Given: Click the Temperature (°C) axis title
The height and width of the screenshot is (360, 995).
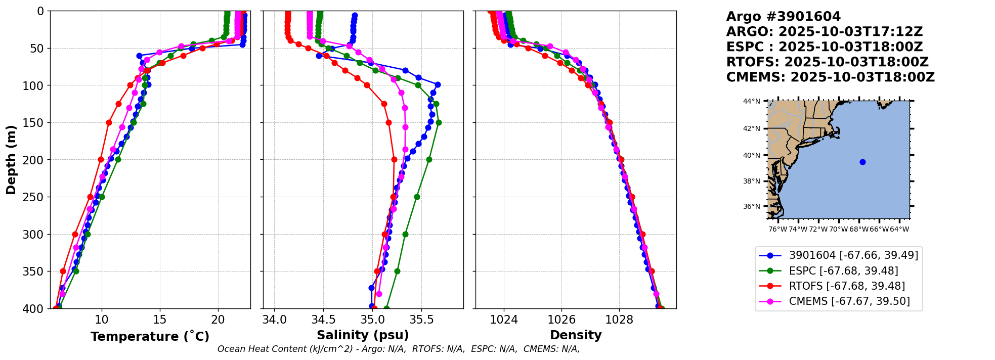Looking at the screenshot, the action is pos(150,336).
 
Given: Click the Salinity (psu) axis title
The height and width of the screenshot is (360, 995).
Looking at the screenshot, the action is pos(363,335).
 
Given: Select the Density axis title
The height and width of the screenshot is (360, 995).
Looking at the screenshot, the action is pos(576,335).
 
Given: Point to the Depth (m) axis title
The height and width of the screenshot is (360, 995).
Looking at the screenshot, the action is pos(11,159).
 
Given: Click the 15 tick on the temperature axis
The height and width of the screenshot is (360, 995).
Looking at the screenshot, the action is pos(160,320).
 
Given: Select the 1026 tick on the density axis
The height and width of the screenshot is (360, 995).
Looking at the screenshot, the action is pos(561,320).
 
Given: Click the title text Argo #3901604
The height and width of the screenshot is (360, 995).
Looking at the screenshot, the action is pos(783,17).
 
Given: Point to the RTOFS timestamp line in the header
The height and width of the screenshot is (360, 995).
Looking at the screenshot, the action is pos(827,62).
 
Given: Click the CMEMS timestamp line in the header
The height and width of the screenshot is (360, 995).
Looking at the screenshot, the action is pos(830,77).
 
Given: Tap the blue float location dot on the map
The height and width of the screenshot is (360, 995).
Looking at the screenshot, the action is pos(862,162).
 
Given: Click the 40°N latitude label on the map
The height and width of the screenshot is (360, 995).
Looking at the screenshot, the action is pos(752,155).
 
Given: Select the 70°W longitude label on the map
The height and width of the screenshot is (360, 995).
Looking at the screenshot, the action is pos(838,229).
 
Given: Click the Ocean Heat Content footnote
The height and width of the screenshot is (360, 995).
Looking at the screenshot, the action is pos(399,349).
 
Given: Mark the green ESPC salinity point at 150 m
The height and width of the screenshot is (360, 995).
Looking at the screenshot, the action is pos(439,122).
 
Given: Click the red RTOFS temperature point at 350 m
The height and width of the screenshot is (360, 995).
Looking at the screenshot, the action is pos(63,271).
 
